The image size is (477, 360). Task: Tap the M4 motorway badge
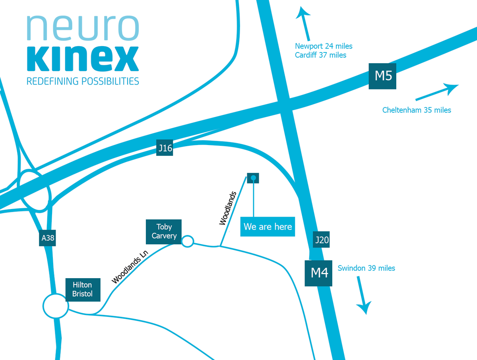point(318,273)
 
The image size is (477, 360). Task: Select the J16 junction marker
point(165,149)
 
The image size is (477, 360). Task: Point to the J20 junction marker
point(321,240)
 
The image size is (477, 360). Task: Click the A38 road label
point(47,238)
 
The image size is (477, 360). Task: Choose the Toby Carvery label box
point(164,231)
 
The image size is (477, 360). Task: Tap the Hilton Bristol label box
point(83,289)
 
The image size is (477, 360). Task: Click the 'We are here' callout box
point(268,226)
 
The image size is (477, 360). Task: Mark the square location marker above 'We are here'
point(253,178)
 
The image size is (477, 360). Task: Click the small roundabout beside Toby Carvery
point(187,241)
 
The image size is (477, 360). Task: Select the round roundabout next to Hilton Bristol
point(56,306)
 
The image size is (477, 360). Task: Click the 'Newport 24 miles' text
point(324,46)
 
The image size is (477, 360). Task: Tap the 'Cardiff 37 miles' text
point(320,55)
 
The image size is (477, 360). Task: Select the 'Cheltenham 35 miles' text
point(417,110)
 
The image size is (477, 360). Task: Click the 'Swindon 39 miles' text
point(366,268)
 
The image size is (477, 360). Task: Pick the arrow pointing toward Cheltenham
point(437,92)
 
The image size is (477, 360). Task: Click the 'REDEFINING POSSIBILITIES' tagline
point(83,81)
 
